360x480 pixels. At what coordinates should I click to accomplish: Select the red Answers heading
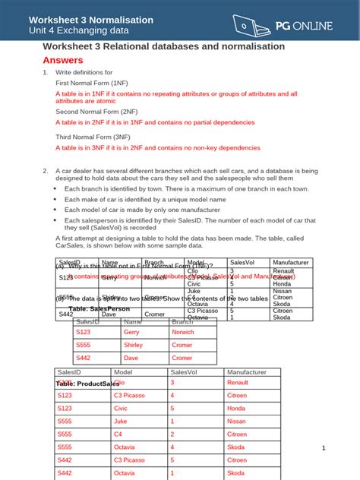click(63, 60)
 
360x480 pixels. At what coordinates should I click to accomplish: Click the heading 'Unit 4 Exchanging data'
click(78, 31)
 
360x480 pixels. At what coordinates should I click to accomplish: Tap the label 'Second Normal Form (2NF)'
click(92, 112)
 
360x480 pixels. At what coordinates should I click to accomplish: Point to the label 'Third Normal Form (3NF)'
click(89, 137)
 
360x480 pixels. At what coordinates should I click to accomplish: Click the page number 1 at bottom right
click(323, 448)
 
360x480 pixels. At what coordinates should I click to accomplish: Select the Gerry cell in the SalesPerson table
click(131, 333)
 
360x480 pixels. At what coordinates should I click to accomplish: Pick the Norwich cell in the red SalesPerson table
click(182, 333)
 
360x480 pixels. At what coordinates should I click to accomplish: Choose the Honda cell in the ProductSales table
click(236, 408)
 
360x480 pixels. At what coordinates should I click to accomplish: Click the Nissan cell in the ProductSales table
click(236, 421)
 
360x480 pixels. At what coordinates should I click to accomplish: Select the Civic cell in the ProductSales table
click(122, 408)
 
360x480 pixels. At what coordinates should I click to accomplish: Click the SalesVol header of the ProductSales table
click(184, 372)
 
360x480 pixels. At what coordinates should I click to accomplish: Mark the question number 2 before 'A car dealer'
click(46, 171)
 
